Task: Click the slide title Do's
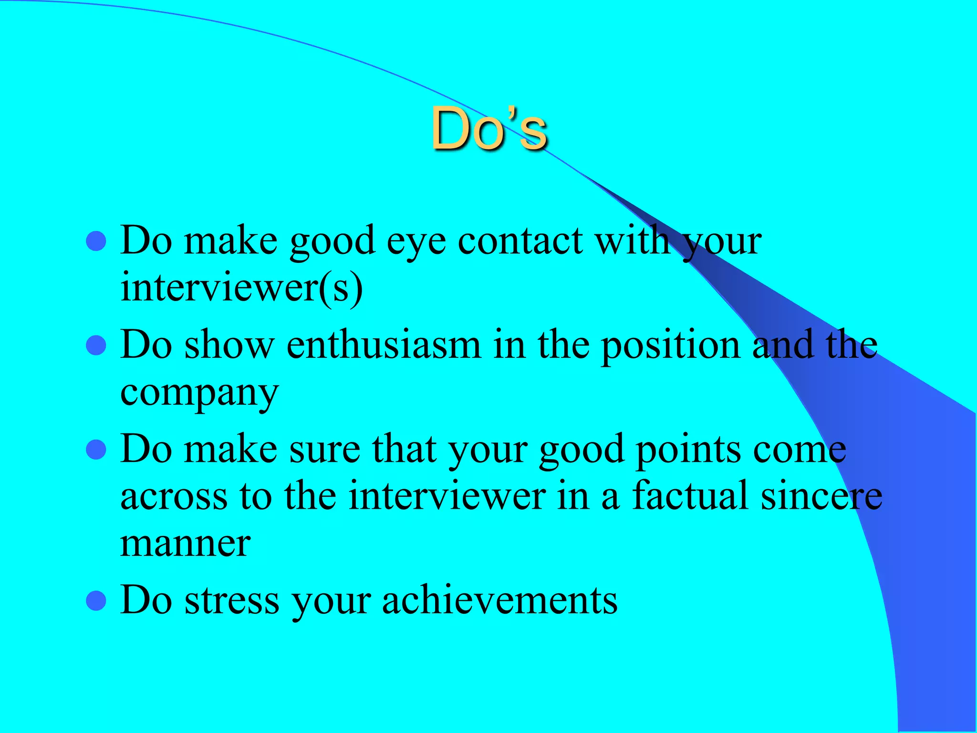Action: click(x=488, y=129)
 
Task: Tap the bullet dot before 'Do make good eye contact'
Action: click(x=96, y=241)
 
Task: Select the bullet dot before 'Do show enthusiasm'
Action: click(x=96, y=346)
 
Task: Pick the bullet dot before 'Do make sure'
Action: click(x=96, y=450)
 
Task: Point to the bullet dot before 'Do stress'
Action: click(x=96, y=601)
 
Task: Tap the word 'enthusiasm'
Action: click(x=384, y=345)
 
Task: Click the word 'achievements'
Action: click(x=499, y=600)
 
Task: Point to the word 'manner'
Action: click(x=185, y=544)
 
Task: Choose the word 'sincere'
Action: click(x=821, y=496)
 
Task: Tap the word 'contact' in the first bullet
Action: click(x=520, y=241)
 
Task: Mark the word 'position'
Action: click(x=670, y=346)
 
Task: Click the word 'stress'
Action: click(x=232, y=600)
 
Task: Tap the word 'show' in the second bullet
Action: click(x=229, y=345)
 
